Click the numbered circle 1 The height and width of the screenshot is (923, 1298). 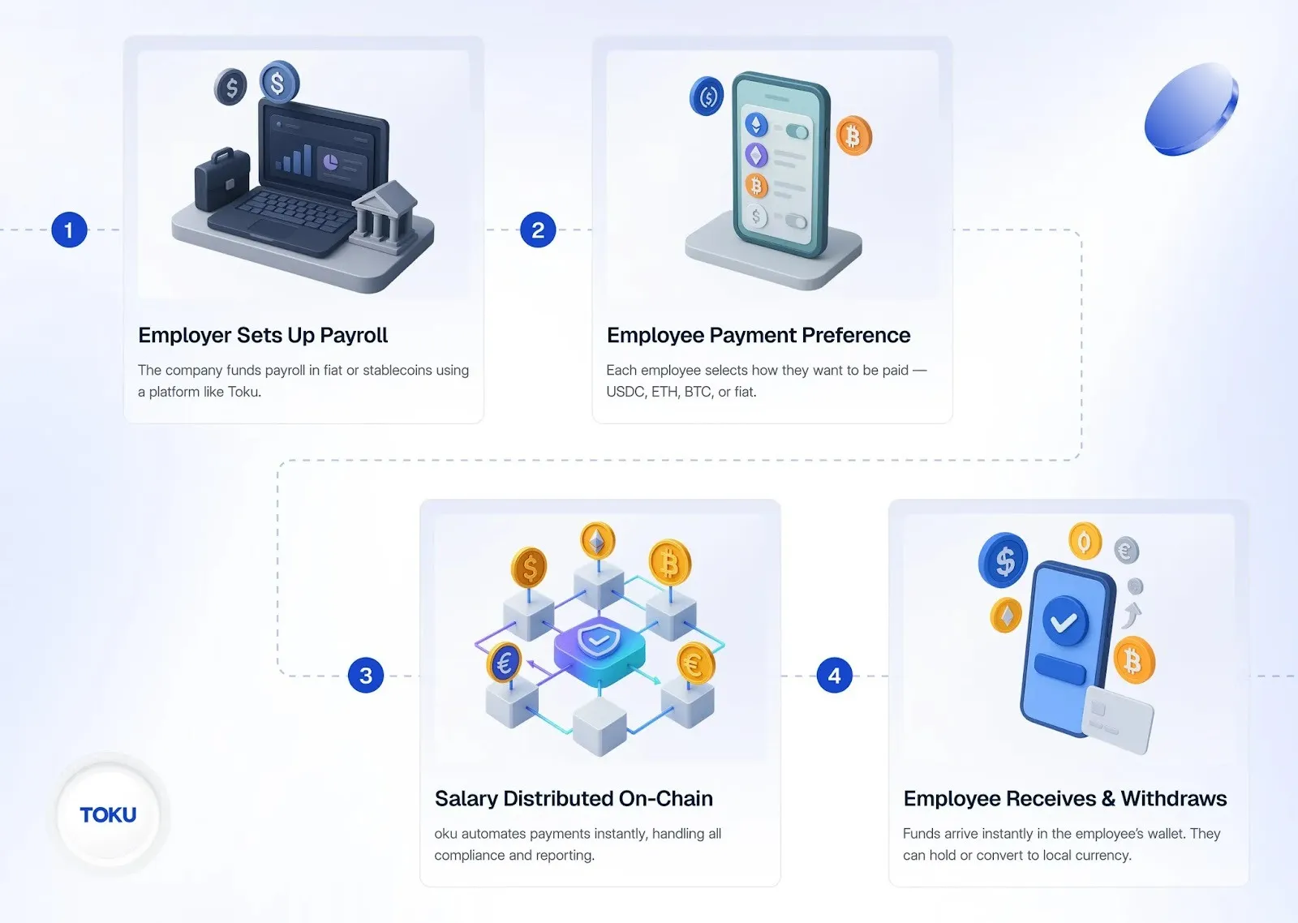click(69, 230)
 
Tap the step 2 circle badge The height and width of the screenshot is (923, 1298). click(538, 230)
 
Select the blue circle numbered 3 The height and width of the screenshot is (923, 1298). click(366, 676)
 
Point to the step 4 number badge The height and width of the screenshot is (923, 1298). click(835, 676)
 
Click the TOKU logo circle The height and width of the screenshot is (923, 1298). click(109, 814)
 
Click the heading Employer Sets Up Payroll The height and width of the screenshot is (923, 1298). click(263, 336)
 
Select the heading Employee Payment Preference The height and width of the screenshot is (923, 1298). click(759, 336)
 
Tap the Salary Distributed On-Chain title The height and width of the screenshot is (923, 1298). click(574, 799)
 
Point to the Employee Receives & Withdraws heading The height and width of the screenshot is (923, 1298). click(1064, 799)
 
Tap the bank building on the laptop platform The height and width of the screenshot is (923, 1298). click(385, 212)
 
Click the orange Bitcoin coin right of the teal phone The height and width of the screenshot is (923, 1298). click(853, 135)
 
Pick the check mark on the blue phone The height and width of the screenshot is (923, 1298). click(1064, 623)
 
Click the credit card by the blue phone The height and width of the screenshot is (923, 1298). click(1117, 719)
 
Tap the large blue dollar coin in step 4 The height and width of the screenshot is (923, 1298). click(1004, 560)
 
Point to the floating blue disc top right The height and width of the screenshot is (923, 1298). click(1190, 109)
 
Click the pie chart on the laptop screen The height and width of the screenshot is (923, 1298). click(330, 162)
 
